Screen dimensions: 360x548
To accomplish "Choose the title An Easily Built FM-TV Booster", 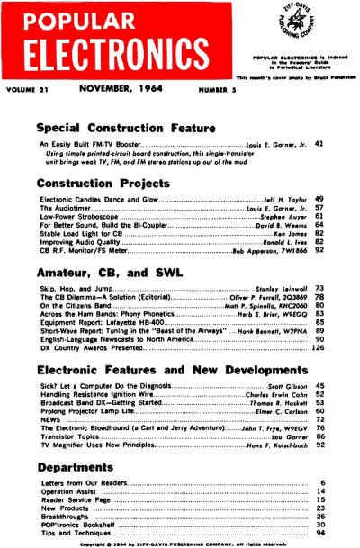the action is click(91, 144).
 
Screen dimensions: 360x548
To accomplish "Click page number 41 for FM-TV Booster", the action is click(319, 143).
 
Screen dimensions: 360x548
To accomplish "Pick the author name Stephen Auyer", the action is click(284, 217).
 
